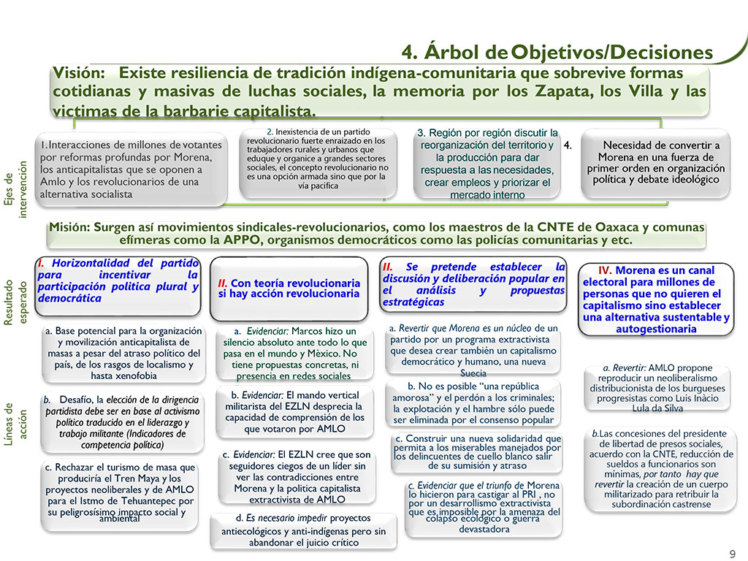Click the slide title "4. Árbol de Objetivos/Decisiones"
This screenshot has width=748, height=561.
[x=557, y=53]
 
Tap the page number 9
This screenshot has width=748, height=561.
[x=733, y=553]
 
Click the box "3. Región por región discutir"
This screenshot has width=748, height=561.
[x=487, y=164]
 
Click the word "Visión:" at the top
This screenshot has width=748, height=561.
[x=80, y=74]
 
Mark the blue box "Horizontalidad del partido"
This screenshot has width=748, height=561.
[x=118, y=280]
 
